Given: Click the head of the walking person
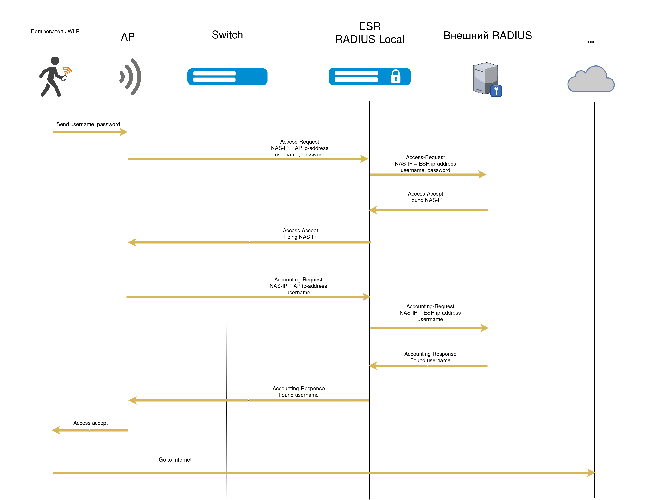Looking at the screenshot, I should coord(55,61).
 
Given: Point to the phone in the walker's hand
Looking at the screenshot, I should coord(64,78).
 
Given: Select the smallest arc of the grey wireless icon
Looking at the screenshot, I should coord(122,76).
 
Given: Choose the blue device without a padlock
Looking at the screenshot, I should coord(227,77).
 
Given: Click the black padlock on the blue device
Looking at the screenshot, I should coord(396,76).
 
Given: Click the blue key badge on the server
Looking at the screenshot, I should coord(496,91).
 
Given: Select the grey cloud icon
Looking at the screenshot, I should coord(591,80).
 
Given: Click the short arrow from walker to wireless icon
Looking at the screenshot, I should coord(90,132).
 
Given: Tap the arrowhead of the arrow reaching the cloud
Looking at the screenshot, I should coord(591,472).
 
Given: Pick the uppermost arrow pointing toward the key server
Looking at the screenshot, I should coord(428,174).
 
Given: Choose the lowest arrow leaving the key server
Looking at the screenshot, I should coord(428,366).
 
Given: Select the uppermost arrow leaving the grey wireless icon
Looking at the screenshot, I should coord(248,159).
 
